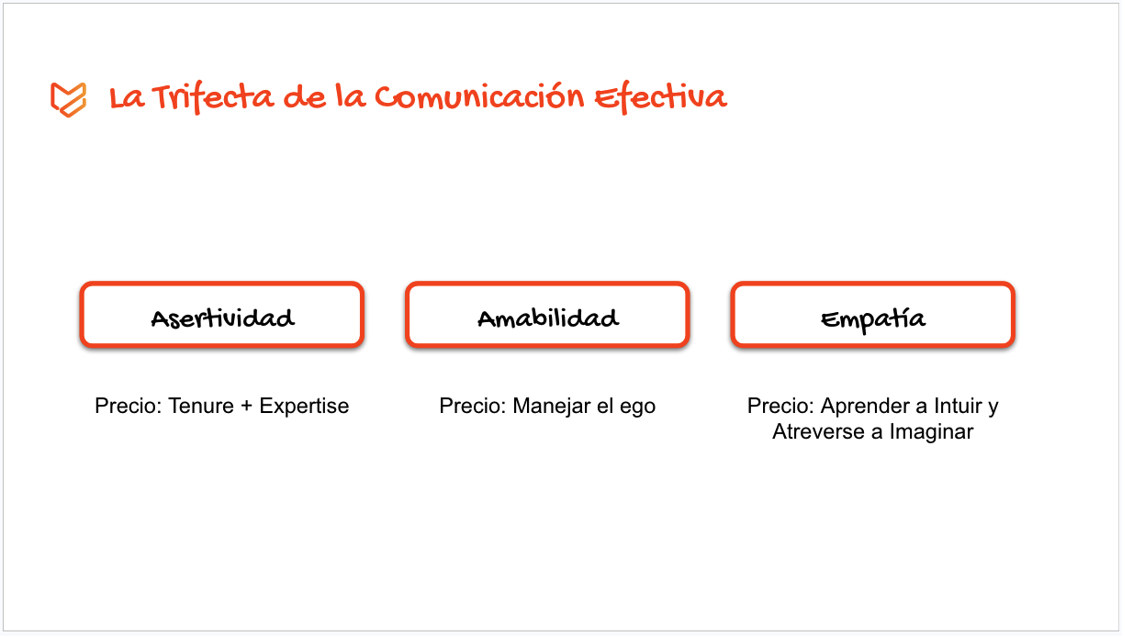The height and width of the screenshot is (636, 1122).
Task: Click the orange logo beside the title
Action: [x=68, y=98]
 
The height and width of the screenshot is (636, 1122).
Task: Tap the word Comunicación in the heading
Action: [x=479, y=96]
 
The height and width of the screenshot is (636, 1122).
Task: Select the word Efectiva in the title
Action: [x=660, y=97]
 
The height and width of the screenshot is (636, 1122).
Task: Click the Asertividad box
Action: [x=222, y=316]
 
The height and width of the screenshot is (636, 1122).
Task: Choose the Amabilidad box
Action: [x=547, y=316]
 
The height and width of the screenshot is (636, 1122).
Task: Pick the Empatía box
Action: [x=872, y=316]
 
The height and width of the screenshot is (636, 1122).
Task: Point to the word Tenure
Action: [x=201, y=406]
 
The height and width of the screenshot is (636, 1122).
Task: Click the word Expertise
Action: [x=304, y=406]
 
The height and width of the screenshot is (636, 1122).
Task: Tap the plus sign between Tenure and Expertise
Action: [x=246, y=406]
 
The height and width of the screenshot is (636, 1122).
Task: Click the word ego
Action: [x=637, y=407]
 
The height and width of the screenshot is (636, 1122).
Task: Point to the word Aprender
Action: [x=860, y=406]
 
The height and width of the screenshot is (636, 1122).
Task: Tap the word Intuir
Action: [x=957, y=406]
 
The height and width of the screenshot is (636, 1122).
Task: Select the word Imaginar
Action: [x=930, y=431]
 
